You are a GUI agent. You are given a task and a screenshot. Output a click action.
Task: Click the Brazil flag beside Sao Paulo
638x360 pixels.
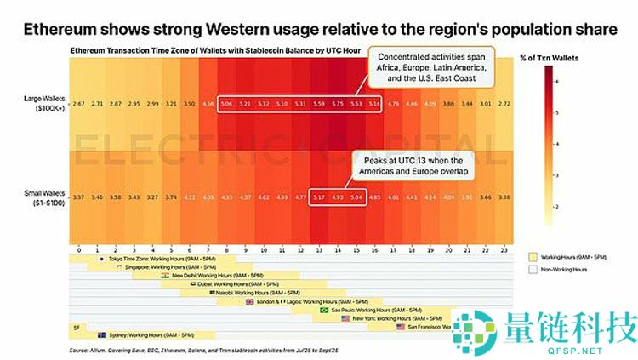coord(324,310)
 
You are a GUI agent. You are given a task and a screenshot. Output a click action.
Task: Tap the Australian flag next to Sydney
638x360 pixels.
coord(101,334)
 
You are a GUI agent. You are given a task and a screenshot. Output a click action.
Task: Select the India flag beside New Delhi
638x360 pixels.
coord(164,275)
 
